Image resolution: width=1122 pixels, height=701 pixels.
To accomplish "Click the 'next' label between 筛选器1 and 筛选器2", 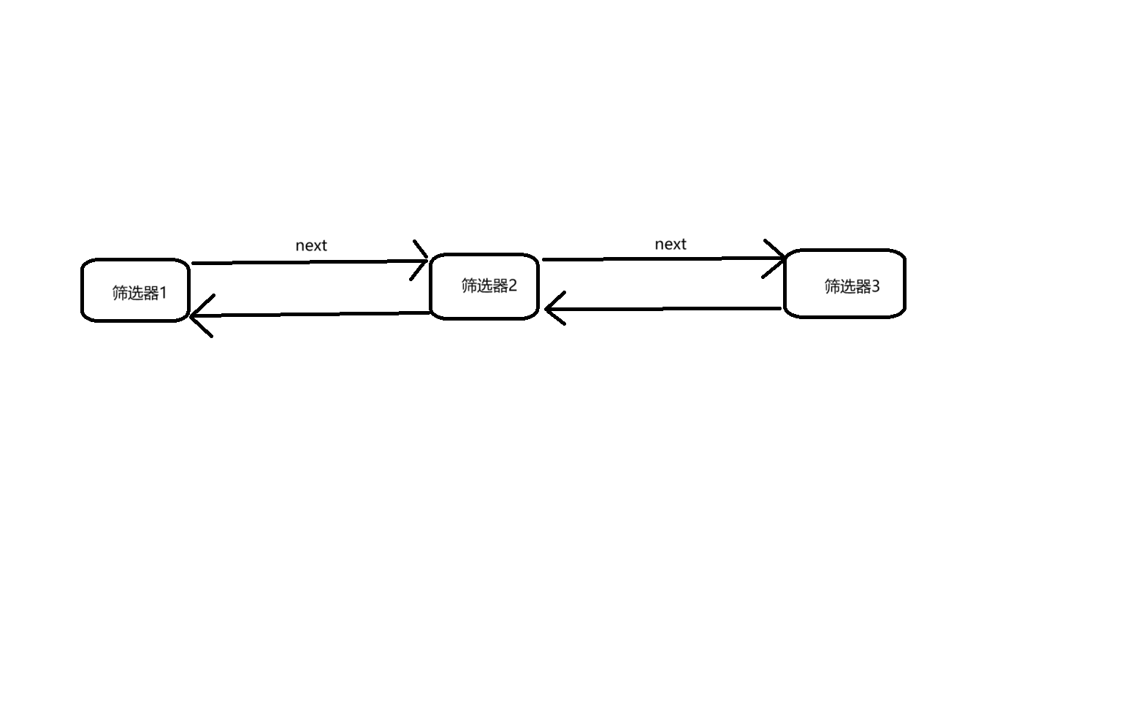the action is point(311,245).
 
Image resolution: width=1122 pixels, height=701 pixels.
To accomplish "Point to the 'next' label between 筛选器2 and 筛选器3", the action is point(670,244).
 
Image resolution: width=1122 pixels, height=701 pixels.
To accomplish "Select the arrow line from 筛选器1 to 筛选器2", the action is point(310,262).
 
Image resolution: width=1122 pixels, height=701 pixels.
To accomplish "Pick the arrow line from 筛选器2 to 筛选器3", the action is point(664,259).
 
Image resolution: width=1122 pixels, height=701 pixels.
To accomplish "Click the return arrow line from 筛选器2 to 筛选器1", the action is point(310,315).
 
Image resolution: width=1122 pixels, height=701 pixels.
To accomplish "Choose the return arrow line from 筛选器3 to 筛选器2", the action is point(663,309).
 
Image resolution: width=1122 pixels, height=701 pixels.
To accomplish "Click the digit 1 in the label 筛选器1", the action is point(162,293).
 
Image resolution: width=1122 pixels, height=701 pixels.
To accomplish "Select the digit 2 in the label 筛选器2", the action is point(512,286).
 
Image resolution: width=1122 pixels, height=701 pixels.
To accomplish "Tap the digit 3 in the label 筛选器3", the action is point(876,286).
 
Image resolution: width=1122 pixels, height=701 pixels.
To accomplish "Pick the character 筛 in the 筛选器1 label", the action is point(121,293).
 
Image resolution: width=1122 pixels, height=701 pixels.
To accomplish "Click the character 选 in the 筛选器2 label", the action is point(485,286).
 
